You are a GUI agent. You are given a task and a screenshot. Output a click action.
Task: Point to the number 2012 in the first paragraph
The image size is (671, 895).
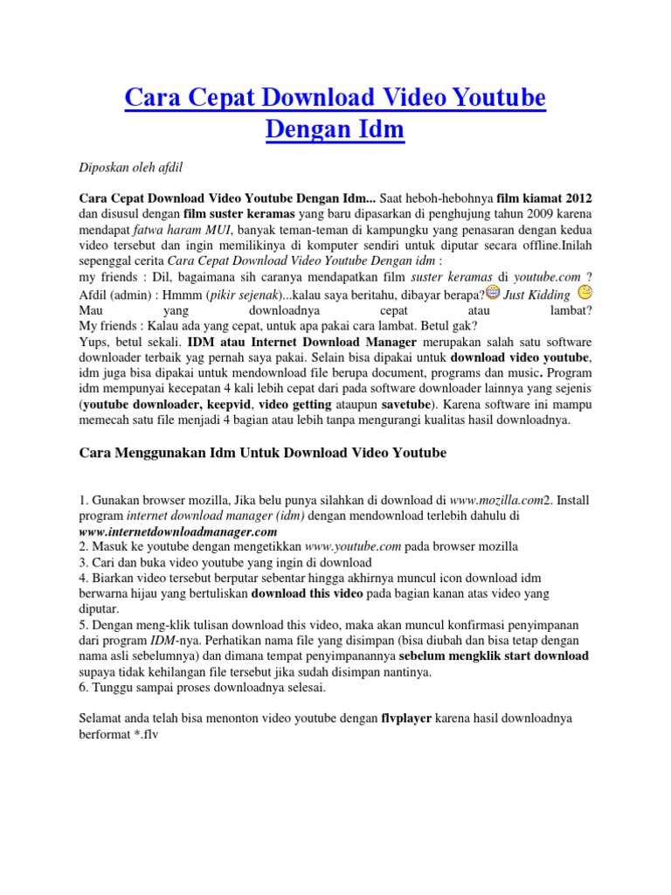[585, 197]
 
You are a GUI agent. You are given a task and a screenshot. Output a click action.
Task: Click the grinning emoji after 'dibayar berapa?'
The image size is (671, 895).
[494, 292]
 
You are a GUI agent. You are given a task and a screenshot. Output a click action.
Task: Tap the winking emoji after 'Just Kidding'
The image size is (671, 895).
[585, 291]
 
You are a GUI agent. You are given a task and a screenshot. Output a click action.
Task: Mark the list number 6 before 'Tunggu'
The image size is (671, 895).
[82, 687]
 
